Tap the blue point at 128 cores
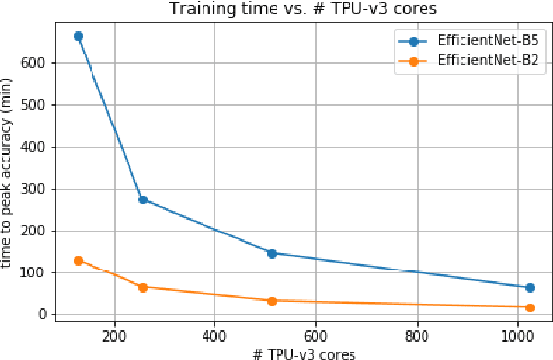click(78, 36)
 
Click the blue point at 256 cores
click(143, 199)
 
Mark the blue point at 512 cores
click(272, 253)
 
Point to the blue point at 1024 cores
click(530, 287)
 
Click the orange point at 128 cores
click(78, 261)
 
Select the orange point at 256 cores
click(143, 287)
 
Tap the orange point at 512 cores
click(272, 301)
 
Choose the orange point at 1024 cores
click(530, 307)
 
